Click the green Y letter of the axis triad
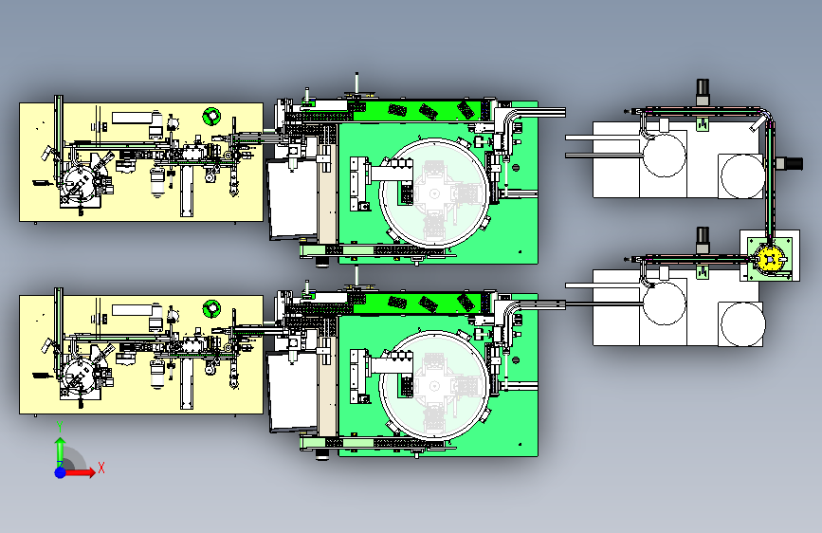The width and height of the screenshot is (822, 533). point(61,427)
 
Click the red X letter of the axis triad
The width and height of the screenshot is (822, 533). point(101,468)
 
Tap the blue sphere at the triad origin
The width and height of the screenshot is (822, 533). point(61,472)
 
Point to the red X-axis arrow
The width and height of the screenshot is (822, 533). point(80,472)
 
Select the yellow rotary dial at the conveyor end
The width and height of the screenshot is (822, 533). point(770,259)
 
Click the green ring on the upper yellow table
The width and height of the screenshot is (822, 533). point(211,116)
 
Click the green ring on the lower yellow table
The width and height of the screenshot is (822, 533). point(211,308)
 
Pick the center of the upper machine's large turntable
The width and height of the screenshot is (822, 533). point(434,193)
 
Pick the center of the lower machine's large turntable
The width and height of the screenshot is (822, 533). point(434,386)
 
